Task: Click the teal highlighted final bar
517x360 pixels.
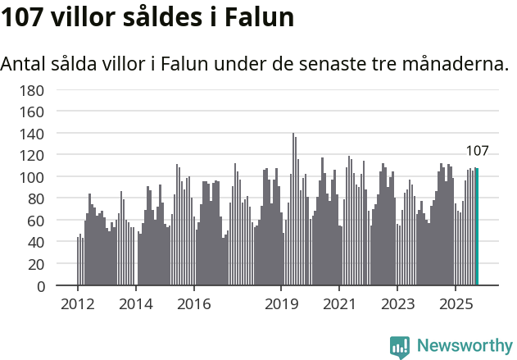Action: pos(477,227)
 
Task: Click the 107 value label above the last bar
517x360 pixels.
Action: pos(477,151)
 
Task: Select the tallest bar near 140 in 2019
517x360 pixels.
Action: pos(293,209)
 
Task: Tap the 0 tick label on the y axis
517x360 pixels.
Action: pos(39,287)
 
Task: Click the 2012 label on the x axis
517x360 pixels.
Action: pos(78,304)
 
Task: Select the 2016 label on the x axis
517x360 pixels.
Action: pos(193,304)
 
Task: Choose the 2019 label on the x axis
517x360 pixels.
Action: pos(281,304)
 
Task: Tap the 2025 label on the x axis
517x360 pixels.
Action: pos(455,304)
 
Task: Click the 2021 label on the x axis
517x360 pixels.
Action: pos(339,304)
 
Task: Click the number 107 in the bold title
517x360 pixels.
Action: pos(22,17)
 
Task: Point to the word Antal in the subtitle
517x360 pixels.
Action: pos(24,63)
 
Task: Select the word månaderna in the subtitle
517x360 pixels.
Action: pos(451,63)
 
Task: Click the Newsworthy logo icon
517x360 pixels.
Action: pos(400,347)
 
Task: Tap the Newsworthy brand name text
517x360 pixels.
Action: pos(464,346)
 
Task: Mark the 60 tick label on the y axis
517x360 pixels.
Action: pos(35,221)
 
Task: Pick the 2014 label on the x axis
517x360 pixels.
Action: pos(136,304)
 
